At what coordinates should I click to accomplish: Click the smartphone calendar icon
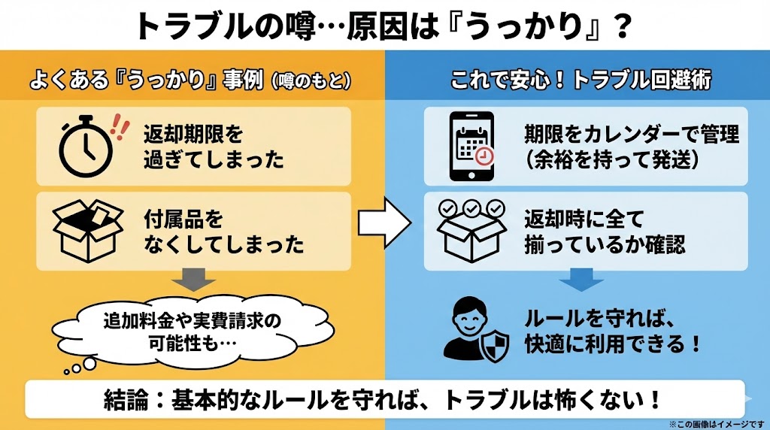coord(471,147)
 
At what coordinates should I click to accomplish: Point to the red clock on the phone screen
coord(485,156)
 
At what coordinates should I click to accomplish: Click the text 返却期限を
coord(194,135)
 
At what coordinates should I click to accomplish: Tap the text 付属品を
coord(183,220)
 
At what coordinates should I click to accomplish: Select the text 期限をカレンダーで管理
coord(632,135)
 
